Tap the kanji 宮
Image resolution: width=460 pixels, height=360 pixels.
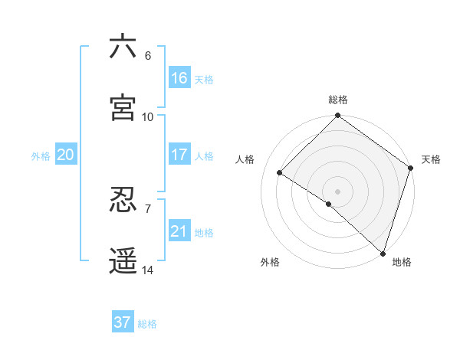click(x=123, y=108)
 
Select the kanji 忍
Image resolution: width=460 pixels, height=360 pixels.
click(x=123, y=200)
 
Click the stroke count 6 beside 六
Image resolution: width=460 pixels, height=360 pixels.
click(x=148, y=56)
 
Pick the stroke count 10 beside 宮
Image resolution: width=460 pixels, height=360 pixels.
click(x=148, y=117)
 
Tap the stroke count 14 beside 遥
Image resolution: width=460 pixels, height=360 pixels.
click(x=148, y=270)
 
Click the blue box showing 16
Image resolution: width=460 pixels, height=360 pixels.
click(x=179, y=77)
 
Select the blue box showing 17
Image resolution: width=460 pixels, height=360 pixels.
click(x=179, y=154)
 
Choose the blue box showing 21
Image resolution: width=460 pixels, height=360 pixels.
click(x=179, y=231)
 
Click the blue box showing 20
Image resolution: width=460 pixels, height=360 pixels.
click(x=66, y=155)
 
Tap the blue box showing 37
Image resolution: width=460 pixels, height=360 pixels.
click(x=123, y=322)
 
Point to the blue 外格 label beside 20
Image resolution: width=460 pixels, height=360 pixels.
click(x=41, y=156)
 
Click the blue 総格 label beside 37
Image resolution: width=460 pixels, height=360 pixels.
click(x=147, y=324)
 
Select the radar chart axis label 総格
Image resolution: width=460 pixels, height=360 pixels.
click(x=338, y=100)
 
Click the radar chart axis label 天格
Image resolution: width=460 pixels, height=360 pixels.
click(x=432, y=159)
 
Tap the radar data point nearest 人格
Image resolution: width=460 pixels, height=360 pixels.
click(x=280, y=173)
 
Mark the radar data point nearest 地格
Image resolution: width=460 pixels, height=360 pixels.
click(x=383, y=253)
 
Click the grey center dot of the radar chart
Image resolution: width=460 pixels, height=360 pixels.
click(x=338, y=191)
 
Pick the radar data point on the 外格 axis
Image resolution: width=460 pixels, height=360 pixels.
click(x=329, y=204)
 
